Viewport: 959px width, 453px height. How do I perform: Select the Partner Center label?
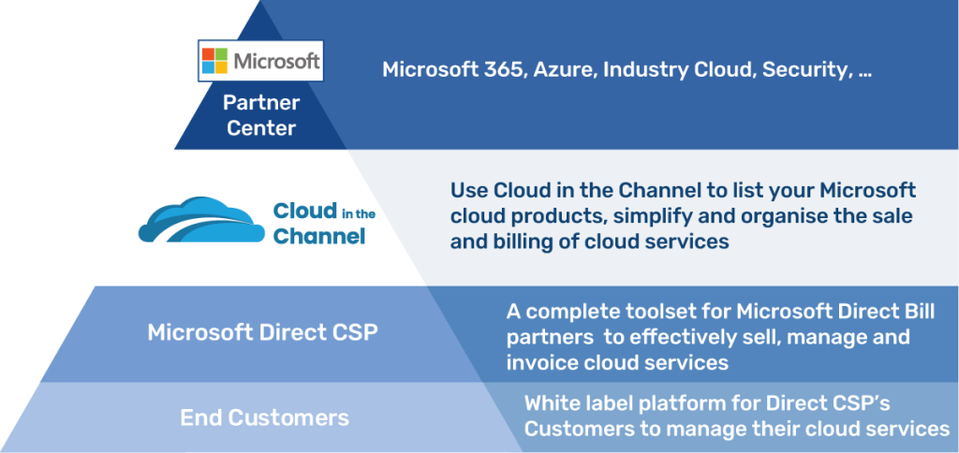[261, 114]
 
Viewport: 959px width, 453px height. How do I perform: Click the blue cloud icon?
[202, 220]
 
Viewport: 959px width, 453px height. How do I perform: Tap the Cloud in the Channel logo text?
[322, 224]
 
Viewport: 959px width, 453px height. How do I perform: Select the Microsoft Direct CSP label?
[262, 332]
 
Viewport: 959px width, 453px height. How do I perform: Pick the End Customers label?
[264, 416]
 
